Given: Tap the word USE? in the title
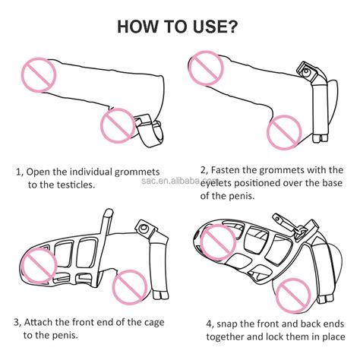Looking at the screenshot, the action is click(216, 27).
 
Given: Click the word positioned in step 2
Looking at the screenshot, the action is click(257, 183).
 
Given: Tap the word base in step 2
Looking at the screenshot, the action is click(332, 183).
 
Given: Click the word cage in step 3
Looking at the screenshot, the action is click(154, 323).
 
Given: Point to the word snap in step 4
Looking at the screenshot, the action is click(226, 324).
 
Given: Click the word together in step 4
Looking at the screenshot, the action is click(225, 337).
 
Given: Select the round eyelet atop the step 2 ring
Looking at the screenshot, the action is click(306, 71).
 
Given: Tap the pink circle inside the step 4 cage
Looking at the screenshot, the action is click(218, 243).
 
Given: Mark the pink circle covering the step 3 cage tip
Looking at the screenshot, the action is click(39, 266).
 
